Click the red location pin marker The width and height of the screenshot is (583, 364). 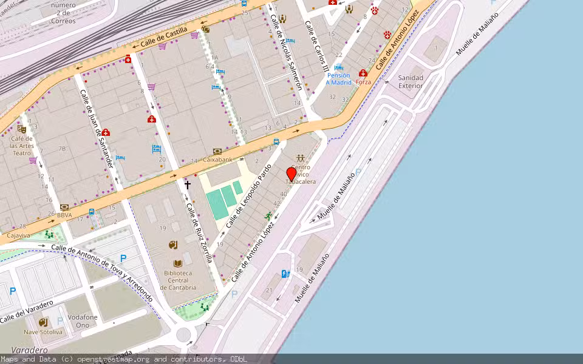click(291, 175)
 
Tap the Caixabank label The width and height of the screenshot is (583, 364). click(217, 160)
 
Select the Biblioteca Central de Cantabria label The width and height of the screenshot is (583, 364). click(178, 280)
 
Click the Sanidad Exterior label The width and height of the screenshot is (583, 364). click(410, 82)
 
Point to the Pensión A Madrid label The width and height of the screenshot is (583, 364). click(338, 79)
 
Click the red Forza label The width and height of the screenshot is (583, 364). click(363, 81)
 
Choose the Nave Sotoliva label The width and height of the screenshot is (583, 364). click(43, 332)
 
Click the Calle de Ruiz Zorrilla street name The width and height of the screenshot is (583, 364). click(199, 232)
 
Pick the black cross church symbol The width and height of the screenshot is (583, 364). click(188, 184)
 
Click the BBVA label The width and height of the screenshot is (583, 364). click(64, 214)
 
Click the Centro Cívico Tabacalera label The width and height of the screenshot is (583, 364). click(301, 174)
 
